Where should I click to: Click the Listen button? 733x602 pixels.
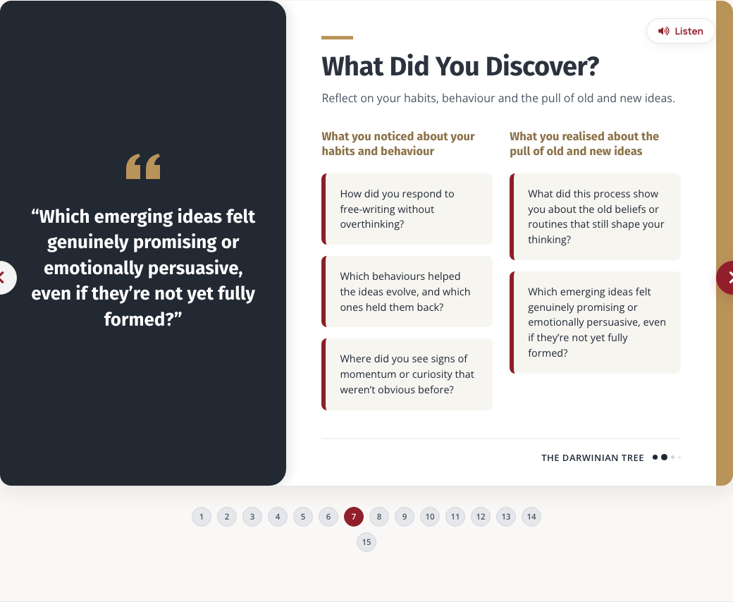681,31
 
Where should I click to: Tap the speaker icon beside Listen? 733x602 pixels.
664,31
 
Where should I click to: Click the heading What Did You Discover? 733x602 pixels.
460,66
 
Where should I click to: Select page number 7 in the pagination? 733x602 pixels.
354,517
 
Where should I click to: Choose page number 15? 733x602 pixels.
366,542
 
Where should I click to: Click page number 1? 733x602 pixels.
202,517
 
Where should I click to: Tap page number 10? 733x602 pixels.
430,517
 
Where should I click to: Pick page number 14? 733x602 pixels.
531,517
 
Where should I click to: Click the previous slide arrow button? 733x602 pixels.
5,278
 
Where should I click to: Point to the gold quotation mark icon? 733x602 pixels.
143,166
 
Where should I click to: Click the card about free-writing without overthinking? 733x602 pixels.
407,209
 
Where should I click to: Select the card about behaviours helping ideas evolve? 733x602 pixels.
407,292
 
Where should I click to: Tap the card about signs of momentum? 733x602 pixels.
407,374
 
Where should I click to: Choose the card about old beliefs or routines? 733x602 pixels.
595,217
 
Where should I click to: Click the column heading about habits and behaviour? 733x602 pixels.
398,144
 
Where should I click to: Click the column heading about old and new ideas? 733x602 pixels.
584,144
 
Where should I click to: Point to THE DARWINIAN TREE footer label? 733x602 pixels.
593,458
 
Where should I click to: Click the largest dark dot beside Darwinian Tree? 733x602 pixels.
664,457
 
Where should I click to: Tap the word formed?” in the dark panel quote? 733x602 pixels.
143,319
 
